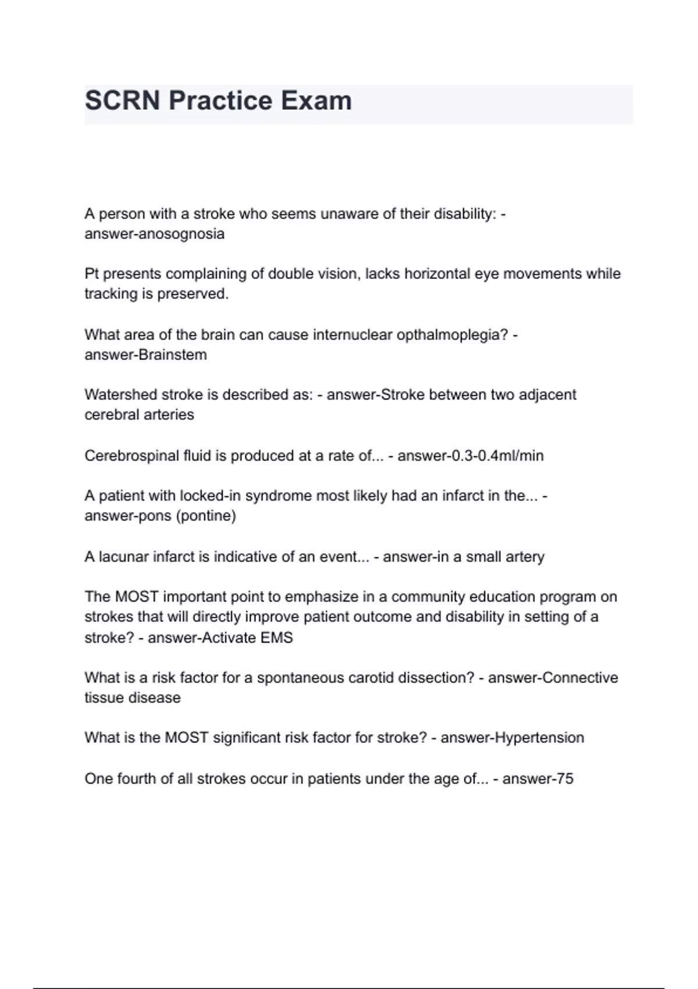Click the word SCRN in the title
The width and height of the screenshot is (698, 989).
pyautogui.click(x=122, y=101)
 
